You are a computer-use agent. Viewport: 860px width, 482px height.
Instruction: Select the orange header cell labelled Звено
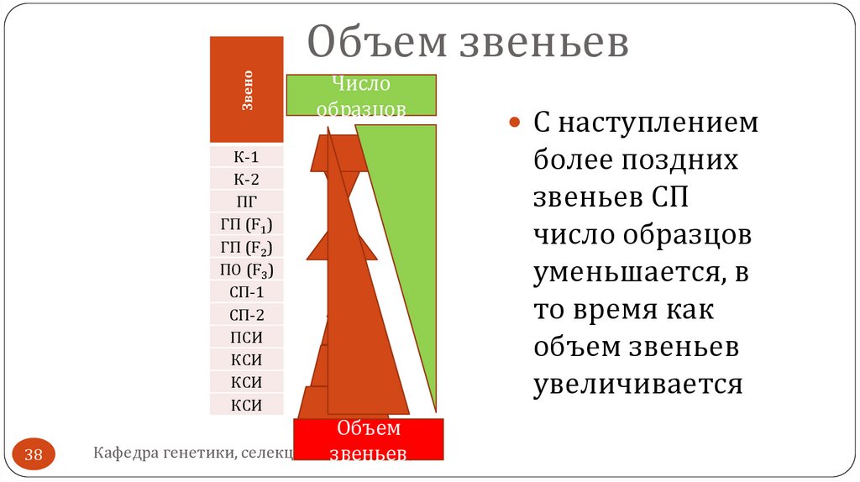click(247, 90)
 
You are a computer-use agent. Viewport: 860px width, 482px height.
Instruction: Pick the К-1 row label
click(247, 157)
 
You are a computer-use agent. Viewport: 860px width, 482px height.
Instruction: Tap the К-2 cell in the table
click(247, 178)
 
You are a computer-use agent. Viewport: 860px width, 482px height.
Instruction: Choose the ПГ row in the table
click(247, 202)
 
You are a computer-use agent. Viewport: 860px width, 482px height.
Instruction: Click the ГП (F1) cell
click(247, 225)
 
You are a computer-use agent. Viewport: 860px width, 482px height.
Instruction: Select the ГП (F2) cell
click(247, 248)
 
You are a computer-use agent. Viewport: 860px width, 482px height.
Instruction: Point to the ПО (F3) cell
click(247, 270)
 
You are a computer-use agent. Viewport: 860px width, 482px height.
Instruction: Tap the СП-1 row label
click(247, 293)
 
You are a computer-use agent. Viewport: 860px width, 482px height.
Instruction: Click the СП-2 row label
click(247, 316)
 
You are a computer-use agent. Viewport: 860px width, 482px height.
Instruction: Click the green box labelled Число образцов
click(361, 95)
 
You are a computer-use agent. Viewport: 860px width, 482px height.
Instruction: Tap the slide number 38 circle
click(34, 455)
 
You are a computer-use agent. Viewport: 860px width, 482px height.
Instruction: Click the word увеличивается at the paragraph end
click(638, 385)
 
